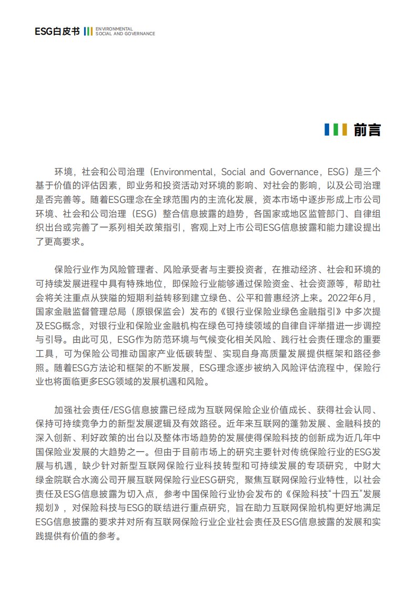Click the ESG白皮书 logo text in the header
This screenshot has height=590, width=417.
point(57,32)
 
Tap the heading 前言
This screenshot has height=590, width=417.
point(367,130)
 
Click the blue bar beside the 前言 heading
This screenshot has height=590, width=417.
point(327,130)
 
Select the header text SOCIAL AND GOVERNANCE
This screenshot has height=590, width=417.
point(125,34)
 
